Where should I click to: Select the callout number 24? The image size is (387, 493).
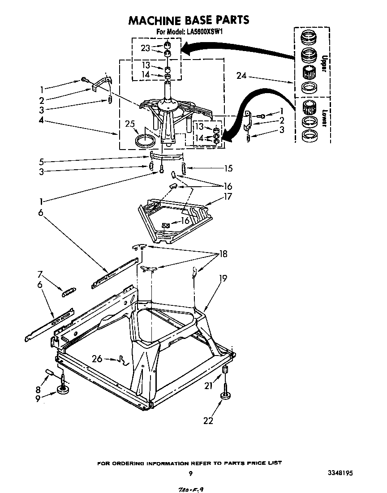tap(242, 76)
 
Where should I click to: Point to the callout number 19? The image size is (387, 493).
tap(223, 278)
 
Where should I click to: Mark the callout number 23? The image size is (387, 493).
tap(145, 48)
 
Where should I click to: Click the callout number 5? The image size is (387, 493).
tap(41, 161)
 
